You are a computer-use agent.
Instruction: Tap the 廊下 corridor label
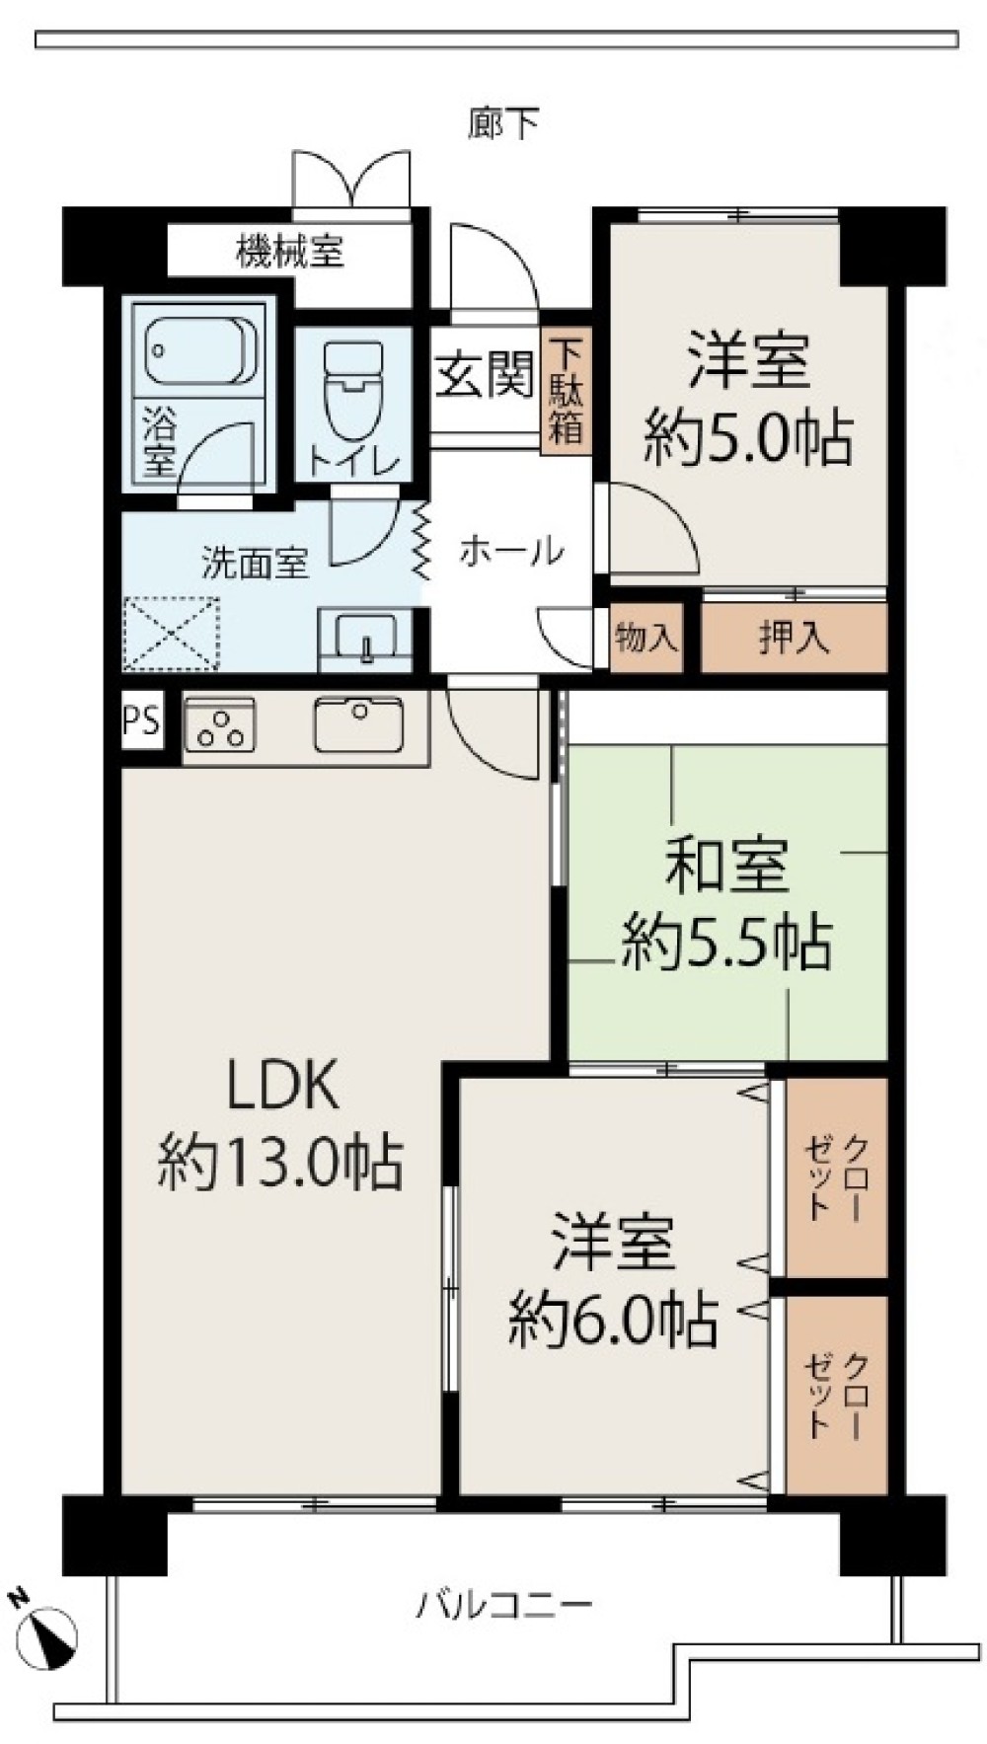tap(503, 123)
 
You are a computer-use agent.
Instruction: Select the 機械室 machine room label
tap(290, 252)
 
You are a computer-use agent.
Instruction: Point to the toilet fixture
tap(352, 390)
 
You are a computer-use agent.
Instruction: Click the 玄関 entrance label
tap(486, 375)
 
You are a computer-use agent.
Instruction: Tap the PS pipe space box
tap(141, 721)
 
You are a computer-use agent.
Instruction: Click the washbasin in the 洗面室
tap(365, 640)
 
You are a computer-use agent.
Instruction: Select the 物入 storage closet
tap(646, 638)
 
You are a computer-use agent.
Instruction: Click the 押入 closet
tap(794, 638)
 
